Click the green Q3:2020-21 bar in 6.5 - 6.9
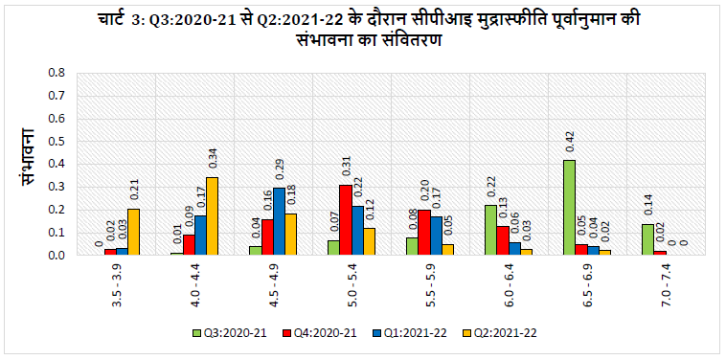[568, 208]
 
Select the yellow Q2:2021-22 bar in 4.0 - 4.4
[212, 216]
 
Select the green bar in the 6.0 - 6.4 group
[490, 231]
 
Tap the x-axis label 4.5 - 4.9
[273, 286]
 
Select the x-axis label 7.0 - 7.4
[666, 286]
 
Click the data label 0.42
[569, 143]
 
